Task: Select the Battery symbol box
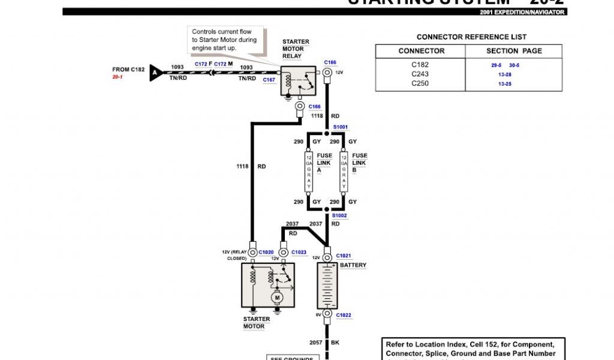coord(327,286)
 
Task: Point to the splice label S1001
coord(341,127)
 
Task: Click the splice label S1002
coord(339,215)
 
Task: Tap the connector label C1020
coord(266,253)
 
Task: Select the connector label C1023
coord(299,253)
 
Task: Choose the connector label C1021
coord(344,256)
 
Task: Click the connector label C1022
coord(344,315)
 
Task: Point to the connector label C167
coord(269,80)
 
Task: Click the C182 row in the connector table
coord(420,64)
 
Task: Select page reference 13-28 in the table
coord(504,74)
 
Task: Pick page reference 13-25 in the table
coord(504,84)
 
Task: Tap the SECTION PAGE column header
coord(514,51)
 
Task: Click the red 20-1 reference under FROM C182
coord(117,77)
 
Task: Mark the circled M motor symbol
coord(276,296)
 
